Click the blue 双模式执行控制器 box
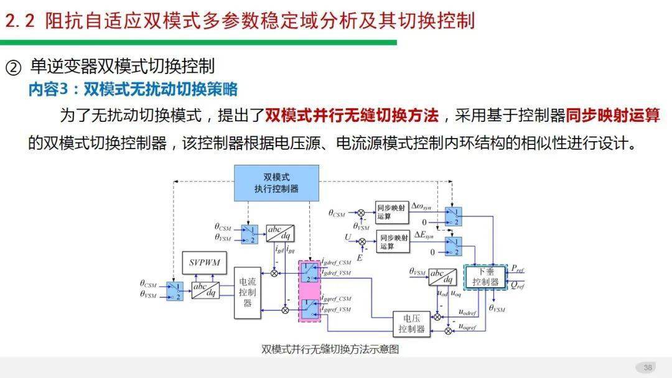pos(276,183)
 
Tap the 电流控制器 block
pos(247,292)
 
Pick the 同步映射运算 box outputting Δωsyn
pos(392,212)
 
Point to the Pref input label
pos(518,268)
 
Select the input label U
pos(348,237)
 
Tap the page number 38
pos(647,367)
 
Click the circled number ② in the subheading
pos(13,67)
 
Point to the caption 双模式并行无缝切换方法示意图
pos(330,349)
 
